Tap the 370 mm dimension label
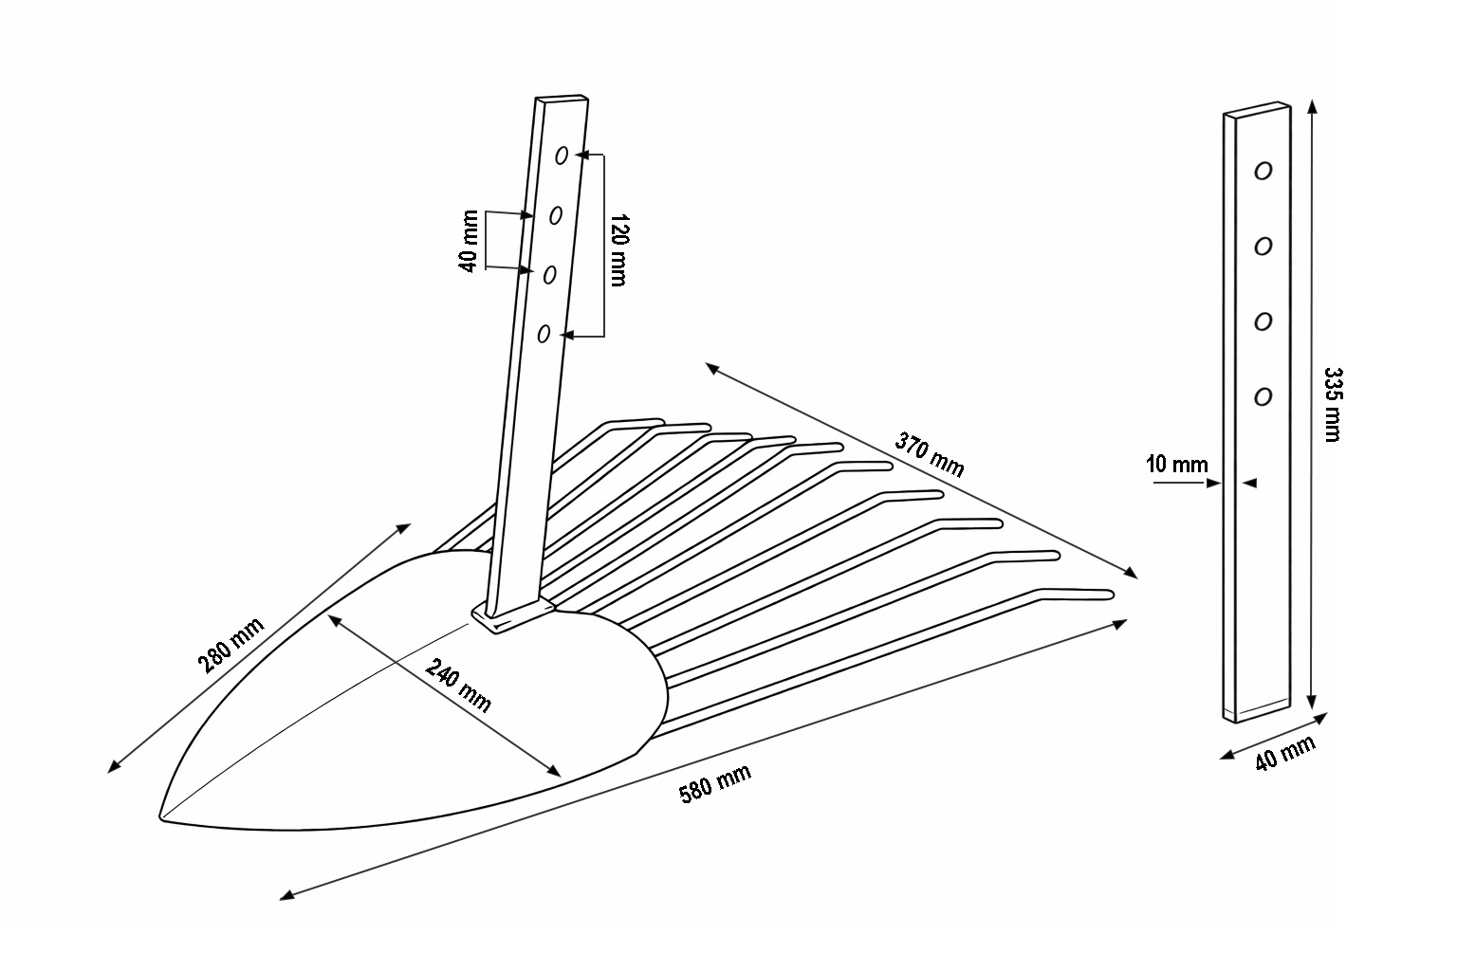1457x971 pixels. point(929,454)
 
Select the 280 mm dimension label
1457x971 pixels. point(231,645)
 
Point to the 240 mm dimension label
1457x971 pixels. point(458,685)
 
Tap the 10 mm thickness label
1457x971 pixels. point(1176,465)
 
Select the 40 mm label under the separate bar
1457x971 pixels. point(1285,753)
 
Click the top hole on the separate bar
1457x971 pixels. point(1263,171)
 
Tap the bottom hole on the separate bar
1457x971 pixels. point(1263,396)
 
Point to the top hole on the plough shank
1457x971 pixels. point(562,155)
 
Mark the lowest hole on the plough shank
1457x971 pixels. point(544,333)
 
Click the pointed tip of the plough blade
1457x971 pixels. point(161,816)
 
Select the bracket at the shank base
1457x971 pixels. point(512,615)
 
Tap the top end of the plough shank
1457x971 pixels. point(563,98)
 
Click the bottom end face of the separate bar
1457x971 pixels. point(1259,712)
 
